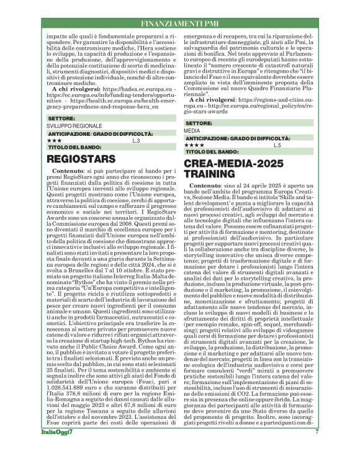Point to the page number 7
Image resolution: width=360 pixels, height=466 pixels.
click(317, 449)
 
